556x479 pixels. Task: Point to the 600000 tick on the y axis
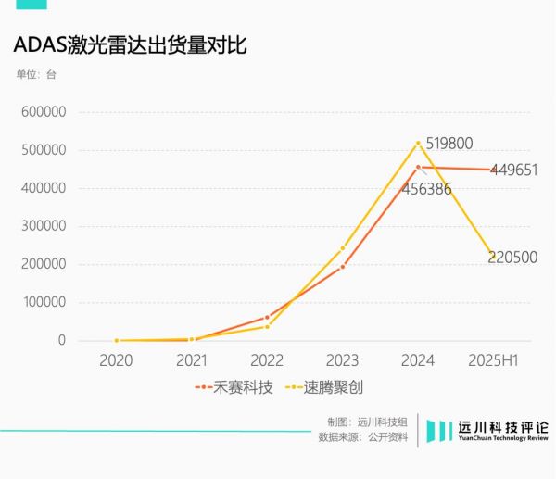43,112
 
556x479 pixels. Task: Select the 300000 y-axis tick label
43,226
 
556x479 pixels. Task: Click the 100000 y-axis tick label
43,302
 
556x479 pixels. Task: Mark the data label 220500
512,258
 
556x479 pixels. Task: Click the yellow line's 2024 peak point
418,143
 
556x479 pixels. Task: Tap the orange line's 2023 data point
342,267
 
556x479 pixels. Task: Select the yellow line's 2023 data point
342,247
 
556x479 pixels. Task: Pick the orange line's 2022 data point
267,318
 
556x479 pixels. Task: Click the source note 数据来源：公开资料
362,437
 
